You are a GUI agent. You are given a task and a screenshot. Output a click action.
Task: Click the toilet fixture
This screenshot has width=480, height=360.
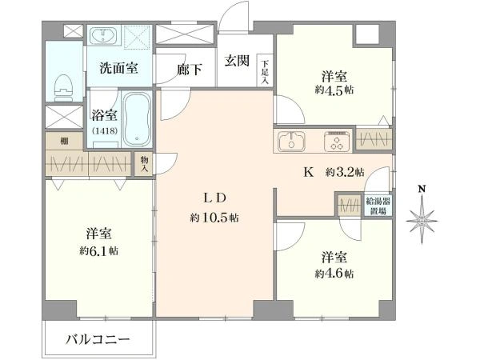tap(64, 87)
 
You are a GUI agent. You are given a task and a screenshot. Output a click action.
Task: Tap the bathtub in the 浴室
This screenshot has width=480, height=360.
tap(137, 119)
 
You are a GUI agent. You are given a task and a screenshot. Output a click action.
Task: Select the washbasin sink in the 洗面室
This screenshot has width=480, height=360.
tap(104, 35)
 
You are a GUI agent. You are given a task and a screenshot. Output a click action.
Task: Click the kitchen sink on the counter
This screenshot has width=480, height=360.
tap(291, 141)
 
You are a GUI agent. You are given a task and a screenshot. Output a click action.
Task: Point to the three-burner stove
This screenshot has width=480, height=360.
tap(338, 141)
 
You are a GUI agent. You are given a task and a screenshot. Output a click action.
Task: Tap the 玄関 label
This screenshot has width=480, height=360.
tap(237, 61)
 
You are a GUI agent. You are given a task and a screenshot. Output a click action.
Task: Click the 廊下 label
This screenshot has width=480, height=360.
tap(189, 70)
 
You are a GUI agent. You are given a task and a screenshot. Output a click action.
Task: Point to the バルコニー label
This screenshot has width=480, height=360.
tap(98, 339)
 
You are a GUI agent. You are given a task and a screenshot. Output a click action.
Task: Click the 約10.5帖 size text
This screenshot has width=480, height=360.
tap(214, 218)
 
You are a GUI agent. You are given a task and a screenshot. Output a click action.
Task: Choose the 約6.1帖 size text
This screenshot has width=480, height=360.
tap(98, 251)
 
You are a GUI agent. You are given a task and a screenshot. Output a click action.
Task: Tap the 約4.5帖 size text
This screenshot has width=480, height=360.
tap(334, 90)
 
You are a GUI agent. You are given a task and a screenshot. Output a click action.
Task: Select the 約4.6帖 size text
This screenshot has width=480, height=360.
tap(334, 274)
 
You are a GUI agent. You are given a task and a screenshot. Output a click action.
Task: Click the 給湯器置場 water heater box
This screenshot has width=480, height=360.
tap(378, 206)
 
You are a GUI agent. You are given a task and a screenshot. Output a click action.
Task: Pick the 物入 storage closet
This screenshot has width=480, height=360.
tap(144, 164)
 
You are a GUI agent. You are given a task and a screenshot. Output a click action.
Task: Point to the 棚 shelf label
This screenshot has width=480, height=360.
tap(64, 141)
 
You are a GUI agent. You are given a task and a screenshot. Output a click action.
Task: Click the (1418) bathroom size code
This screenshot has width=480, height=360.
tap(104, 131)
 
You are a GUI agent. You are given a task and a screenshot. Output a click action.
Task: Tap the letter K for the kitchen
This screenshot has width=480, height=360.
tap(309, 173)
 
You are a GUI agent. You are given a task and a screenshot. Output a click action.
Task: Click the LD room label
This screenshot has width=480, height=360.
tap(214, 198)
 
